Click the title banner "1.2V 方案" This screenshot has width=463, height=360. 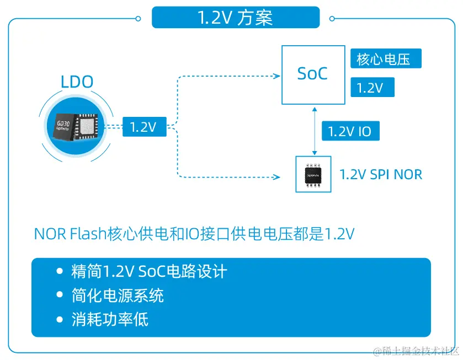(235, 18)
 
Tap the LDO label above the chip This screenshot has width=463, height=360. (77, 83)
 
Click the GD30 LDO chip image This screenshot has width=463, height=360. (77, 127)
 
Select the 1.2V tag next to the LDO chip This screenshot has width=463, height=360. (143, 127)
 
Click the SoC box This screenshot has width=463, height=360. (312, 74)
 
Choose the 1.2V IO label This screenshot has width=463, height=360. (349, 132)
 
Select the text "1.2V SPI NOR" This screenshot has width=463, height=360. (381, 175)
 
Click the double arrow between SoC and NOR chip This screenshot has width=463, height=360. (315, 131)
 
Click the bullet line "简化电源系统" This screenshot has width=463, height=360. (118, 295)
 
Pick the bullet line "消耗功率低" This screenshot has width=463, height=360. (110, 320)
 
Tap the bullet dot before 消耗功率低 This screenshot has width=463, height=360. (61, 320)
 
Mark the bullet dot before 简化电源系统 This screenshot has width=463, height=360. (61, 295)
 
